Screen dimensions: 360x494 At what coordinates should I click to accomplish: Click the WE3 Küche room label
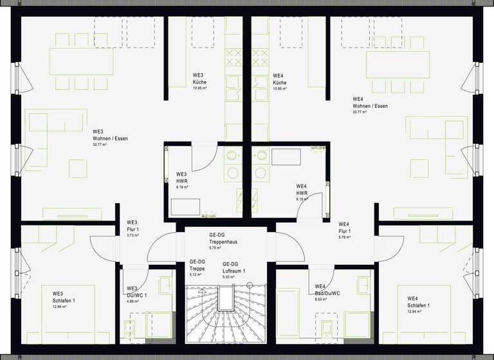tap(199, 80)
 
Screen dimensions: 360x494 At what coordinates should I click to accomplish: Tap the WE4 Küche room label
tap(279, 80)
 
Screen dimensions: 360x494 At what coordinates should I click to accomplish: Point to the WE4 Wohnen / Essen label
tap(370, 103)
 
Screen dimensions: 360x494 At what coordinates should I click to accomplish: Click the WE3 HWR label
tap(181, 178)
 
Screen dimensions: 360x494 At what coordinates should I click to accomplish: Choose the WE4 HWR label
tap(302, 190)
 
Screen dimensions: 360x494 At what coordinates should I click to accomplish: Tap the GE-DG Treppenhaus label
tap(224, 239)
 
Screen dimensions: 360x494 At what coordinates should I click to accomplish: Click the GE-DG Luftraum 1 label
tap(235, 268)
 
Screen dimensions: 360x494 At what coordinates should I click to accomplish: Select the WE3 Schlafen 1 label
tap(64, 298)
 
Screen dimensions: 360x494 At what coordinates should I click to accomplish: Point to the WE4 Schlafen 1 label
tap(419, 301)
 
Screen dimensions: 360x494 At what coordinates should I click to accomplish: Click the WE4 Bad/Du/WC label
tap(327, 290)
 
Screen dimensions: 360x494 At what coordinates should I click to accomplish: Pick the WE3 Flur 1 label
tap(133, 226)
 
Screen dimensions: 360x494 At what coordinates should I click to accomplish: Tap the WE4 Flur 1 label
tap(345, 227)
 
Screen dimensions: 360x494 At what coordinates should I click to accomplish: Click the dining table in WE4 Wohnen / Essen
tap(398, 64)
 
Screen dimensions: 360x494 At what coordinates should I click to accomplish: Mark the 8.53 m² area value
tap(320, 300)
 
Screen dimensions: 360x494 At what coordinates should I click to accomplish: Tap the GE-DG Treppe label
tap(197, 265)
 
